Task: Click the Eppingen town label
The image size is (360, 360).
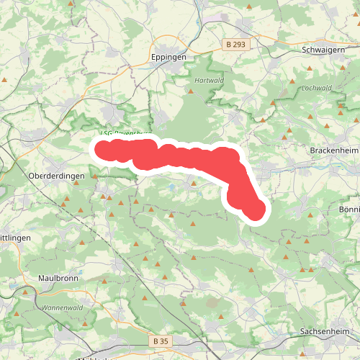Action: pyautogui.click(x=169, y=56)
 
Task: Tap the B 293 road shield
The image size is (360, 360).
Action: pyautogui.click(x=235, y=45)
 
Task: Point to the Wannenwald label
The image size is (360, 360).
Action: pyautogui.click(x=60, y=307)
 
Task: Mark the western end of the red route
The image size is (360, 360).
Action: pyautogui.click(x=102, y=149)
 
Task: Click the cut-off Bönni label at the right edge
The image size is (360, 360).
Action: pyautogui.click(x=348, y=209)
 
